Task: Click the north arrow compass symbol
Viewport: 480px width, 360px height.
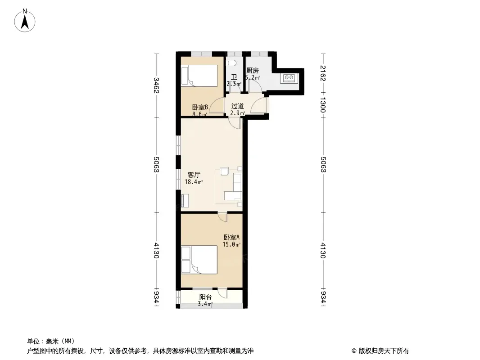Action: click(x=25, y=21)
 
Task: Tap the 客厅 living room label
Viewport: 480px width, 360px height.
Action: click(x=194, y=175)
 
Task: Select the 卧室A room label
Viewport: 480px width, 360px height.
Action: click(x=231, y=237)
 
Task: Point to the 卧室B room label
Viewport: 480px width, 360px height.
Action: click(x=200, y=108)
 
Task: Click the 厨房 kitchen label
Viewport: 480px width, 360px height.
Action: click(x=253, y=71)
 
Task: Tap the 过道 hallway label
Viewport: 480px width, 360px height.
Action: click(x=238, y=106)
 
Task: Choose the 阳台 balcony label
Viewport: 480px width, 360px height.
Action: click(x=205, y=297)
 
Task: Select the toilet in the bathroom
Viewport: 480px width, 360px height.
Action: click(x=231, y=63)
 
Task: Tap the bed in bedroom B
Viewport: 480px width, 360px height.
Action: click(x=199, y=76)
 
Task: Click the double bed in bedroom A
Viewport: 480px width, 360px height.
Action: click(x=199, y=260)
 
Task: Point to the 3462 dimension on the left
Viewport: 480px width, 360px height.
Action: click(x=156, y=85)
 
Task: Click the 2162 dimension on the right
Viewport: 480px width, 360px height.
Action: click(x=323, y=73)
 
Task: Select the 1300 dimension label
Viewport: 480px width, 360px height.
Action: click(x=323, y=104)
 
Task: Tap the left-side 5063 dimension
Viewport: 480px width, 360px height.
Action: click(x=156, y=165)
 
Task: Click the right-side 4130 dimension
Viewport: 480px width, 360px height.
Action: click(x=323, y=251)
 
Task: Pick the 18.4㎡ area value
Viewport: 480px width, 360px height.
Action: click(x=194, y=182)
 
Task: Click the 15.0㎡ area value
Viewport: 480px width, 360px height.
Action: click(x=231, y=244)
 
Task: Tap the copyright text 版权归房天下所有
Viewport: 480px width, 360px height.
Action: click(x=384, y=351)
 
